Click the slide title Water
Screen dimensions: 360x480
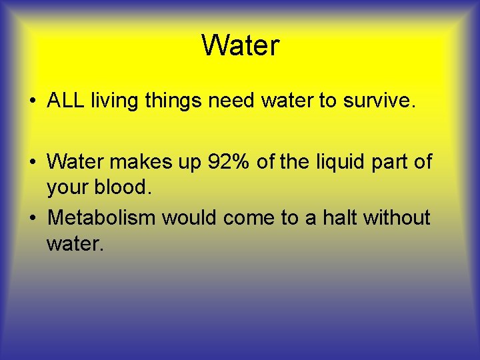240,46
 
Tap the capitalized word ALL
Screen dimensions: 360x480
66,101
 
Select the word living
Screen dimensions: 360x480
111,101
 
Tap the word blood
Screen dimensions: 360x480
126,188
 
